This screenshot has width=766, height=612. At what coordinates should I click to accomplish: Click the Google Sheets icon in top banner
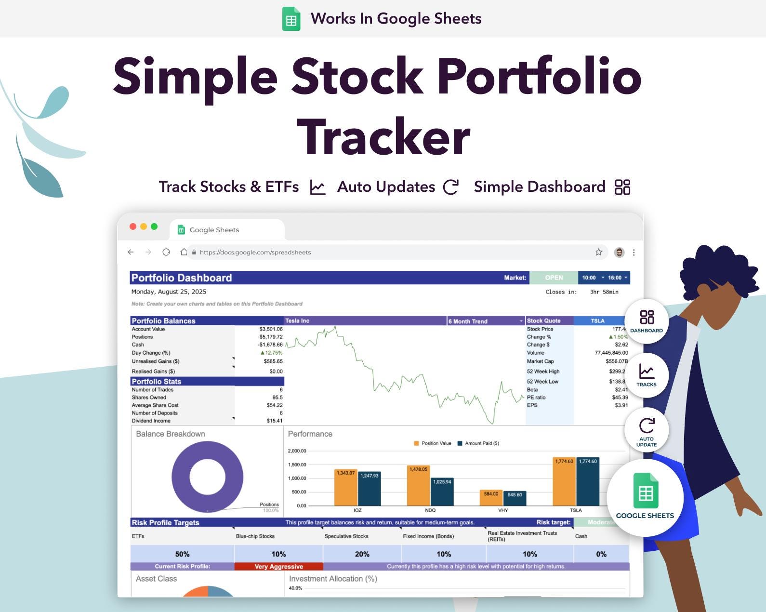click(x=291, y=19)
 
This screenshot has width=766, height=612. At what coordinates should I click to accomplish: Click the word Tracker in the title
click(x=383, y=137)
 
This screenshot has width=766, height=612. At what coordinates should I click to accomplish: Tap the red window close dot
click(x=133, y=226)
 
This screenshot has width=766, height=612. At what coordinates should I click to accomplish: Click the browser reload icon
click(x=166, y=252)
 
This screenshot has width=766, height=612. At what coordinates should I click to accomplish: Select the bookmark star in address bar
click(x=598, y=252)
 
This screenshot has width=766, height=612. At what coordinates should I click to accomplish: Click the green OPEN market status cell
click(x=554, y=278)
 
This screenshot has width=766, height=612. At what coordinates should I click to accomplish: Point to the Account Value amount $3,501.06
click(x=271, y=329)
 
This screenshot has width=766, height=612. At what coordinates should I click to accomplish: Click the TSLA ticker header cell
click(x=597, y=321)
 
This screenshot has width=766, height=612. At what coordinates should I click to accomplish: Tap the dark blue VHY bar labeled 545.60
click(x=515, y=498)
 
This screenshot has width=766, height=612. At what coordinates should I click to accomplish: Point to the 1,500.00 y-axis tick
click(x=297, y=465)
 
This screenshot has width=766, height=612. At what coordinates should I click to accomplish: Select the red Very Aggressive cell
click(x=278, y=567)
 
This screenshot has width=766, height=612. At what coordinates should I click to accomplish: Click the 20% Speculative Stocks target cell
click(x=362, y=554)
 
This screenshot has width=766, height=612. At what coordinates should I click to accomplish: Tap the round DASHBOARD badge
click(x=646, y=320)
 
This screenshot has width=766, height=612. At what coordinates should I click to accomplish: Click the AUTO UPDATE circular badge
click(x=646, y=430)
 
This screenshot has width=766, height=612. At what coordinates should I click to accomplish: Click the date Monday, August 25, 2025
click(x=169, y=292)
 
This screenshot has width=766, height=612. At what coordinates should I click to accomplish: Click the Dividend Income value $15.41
click(x=274, y=421)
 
